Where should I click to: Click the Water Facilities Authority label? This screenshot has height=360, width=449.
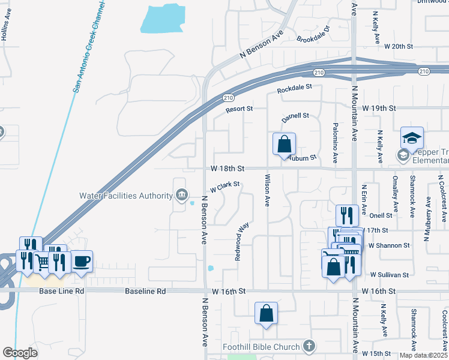coord(126,195)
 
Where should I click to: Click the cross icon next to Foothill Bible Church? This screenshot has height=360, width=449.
coord(309,346)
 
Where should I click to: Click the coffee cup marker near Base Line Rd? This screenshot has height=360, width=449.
coord(82,262)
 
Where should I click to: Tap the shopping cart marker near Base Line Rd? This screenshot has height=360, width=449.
coord(42,261)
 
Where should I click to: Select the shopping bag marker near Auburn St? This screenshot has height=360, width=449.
coord(285,145)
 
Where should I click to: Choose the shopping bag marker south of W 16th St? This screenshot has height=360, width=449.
coord(266,313)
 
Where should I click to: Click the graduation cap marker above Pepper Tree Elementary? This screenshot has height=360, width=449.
coord(412,138)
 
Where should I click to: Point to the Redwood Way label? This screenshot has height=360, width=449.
coord(242,241)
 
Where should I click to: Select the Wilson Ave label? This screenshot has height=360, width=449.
coord(267,190)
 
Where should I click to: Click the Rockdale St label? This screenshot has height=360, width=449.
coord(295,88)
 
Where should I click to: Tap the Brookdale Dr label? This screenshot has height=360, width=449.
coord(313,35)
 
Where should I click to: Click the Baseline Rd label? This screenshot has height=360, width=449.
coord(145,291)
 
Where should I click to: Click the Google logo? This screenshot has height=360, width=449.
coord(20,353)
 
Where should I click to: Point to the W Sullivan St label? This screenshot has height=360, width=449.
coord(389,275)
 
